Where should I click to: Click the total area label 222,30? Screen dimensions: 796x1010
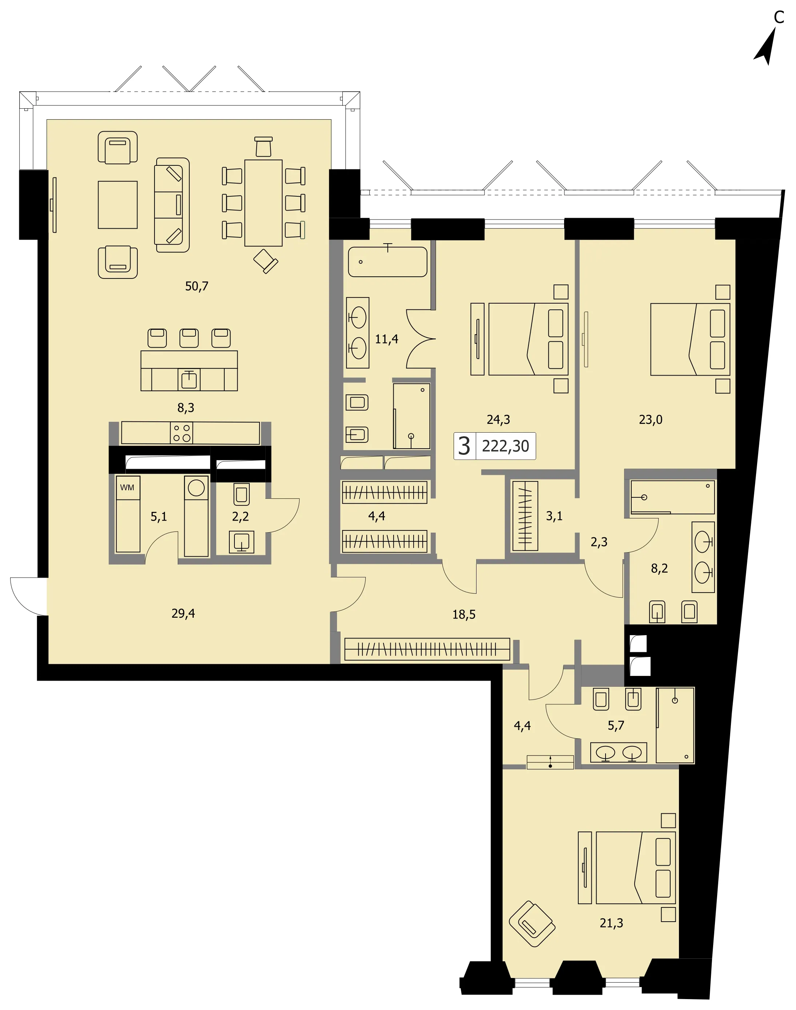point(505,446)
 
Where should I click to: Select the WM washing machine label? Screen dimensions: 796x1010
point(127,488)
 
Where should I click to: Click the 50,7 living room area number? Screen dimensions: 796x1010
point(197,286)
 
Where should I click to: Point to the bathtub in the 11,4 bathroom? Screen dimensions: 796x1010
point(388,261)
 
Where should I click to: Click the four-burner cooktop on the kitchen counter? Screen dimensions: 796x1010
point(182,433)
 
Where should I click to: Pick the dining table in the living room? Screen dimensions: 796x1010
point(263,203)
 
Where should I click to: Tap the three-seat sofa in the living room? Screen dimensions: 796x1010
point(172,205)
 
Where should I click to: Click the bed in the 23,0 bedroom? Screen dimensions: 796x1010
point(690,339)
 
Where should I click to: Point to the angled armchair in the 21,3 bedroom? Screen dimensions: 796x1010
point(532,923)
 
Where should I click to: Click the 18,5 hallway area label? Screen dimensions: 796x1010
point(464,614)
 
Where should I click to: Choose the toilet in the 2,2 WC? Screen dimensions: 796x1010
point(241,494)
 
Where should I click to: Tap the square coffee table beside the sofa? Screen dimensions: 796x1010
point(117,205)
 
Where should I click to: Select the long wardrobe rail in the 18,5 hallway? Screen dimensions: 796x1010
point(427,649)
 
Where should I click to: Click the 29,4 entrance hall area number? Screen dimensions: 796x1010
point(183,613)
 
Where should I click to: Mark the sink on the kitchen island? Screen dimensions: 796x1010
point(189,380)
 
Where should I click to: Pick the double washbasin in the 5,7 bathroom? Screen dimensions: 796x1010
point(618,752)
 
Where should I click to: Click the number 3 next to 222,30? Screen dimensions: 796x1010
point(464,446)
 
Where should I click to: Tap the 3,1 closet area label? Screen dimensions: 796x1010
point(554,516)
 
